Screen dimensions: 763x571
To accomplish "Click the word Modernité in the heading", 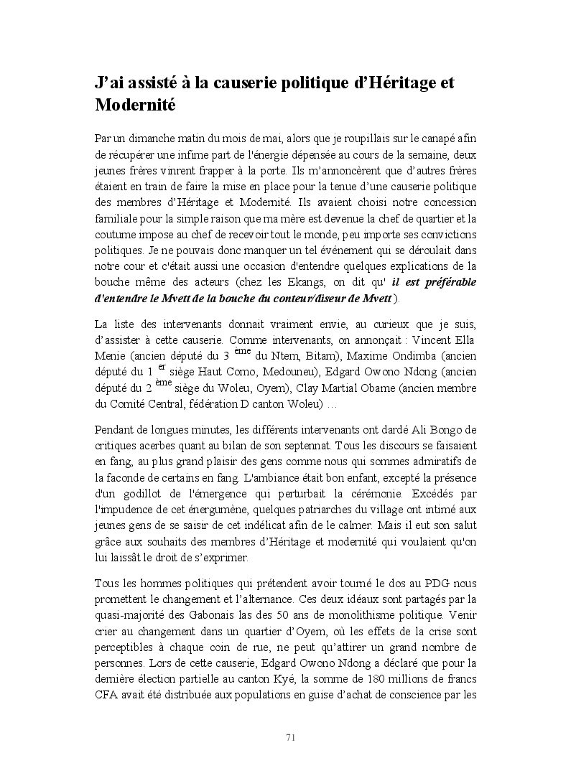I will coord(135,105).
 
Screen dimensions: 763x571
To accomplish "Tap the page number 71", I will coord(291,737).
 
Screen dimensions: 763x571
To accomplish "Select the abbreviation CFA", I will coord(106,695).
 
